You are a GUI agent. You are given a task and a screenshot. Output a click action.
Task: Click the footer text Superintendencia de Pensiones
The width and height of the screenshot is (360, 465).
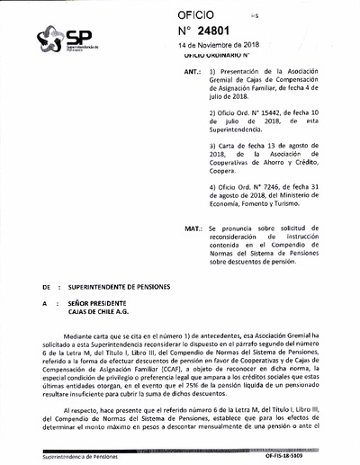point(63,458)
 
